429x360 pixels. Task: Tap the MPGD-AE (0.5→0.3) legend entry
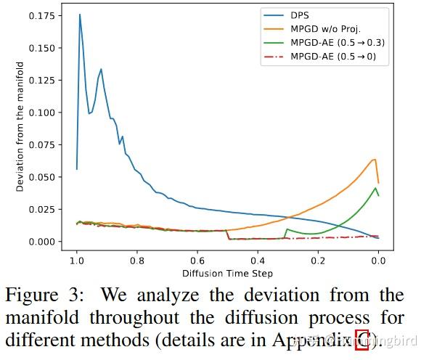pos(338,42)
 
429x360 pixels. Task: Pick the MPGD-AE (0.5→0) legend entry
pos(333,57)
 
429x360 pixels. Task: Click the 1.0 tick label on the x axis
pos(77,261)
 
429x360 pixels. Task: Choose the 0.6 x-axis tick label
pos(197,261)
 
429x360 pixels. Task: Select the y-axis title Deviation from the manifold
pos(21,127)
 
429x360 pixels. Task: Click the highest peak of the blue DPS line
pos(80,15)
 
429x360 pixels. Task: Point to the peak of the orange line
pos(375,160)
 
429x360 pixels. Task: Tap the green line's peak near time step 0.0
pos(375,188)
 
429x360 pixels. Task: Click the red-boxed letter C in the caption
pos(362,340)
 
